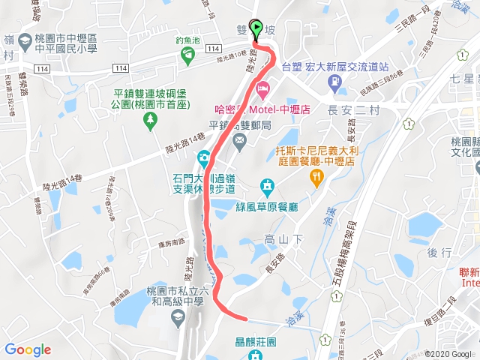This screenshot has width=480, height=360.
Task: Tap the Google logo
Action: [x=28, y=349]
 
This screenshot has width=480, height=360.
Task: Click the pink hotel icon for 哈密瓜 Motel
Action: [x=262, y=91]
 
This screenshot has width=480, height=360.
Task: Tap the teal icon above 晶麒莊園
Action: [x=256, y=356]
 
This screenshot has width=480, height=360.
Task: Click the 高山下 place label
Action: [x=280, y=239]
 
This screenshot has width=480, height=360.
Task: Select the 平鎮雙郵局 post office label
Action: [x=240, y=125]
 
